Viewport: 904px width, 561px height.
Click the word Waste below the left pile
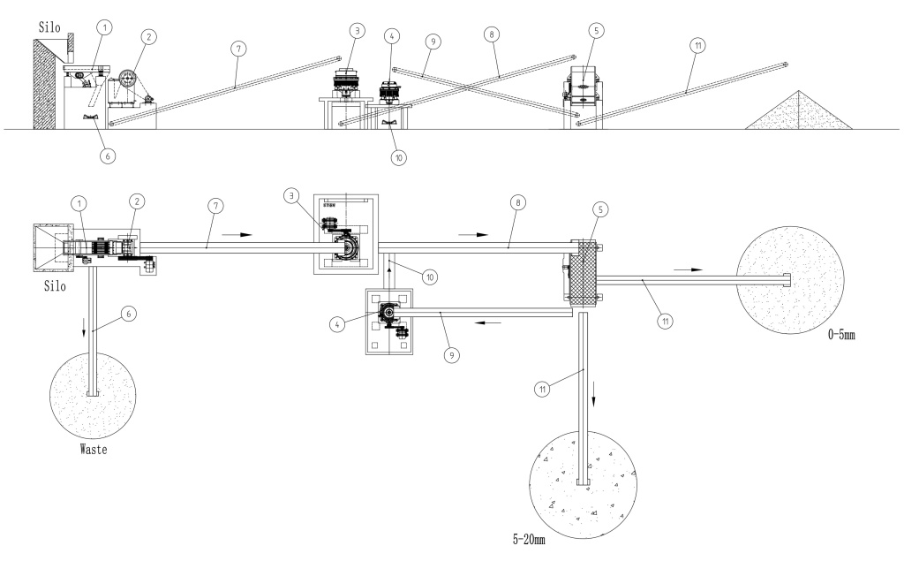click(94, 449)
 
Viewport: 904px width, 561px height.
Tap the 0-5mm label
click(841, 334)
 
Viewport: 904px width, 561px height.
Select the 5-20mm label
click(529, 540)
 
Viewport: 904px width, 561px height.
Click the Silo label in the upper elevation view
click(49, 27)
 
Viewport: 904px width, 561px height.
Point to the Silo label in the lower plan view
click(55, 285)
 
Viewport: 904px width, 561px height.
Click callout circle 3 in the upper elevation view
click(357, 30)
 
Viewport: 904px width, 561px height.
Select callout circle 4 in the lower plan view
click(337, 324)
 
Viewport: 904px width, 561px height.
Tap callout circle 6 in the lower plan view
click(129, 314)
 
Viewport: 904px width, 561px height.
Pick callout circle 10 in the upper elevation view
click(398, 157)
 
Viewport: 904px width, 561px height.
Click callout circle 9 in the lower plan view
click(451, 355)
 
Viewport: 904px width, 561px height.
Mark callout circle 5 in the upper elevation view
click(596, 30)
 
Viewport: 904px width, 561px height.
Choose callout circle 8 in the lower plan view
click(517, 202)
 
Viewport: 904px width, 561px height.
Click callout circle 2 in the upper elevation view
click(148, 37)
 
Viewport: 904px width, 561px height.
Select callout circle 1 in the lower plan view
click(79, 202)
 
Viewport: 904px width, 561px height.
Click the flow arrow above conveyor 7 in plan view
click(237, 234)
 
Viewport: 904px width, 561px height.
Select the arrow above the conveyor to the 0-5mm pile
click(689, 269)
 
